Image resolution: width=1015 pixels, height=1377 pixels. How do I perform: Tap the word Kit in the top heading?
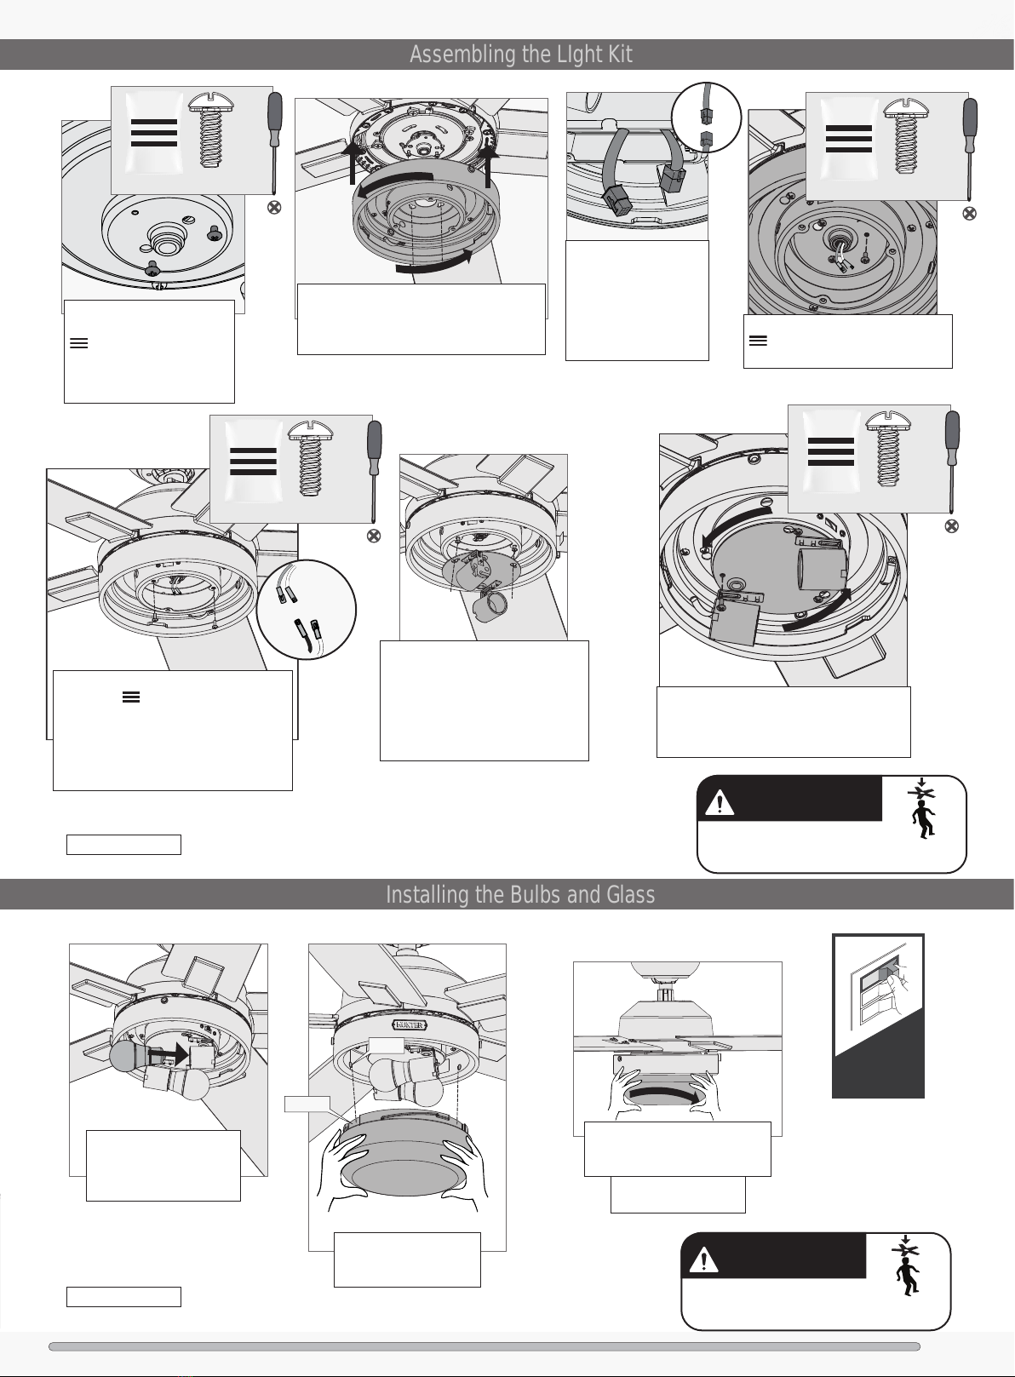pos(621,55)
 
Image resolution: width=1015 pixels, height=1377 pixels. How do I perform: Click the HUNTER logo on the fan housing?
pos(408,1024)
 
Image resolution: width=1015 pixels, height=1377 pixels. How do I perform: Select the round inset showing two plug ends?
pos(707,118)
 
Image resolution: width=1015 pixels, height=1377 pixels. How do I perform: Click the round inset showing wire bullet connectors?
pos(307,609)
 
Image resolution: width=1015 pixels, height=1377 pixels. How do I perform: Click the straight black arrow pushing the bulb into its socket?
pos(168,1053)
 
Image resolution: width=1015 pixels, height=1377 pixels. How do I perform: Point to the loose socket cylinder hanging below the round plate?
pos(490,605)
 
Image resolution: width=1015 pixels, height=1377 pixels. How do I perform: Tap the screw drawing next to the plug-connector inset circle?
pos(906,136)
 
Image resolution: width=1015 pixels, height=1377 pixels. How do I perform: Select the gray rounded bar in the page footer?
pos(485,1346)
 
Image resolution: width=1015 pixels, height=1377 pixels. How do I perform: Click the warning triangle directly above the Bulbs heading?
pos(720,803)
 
